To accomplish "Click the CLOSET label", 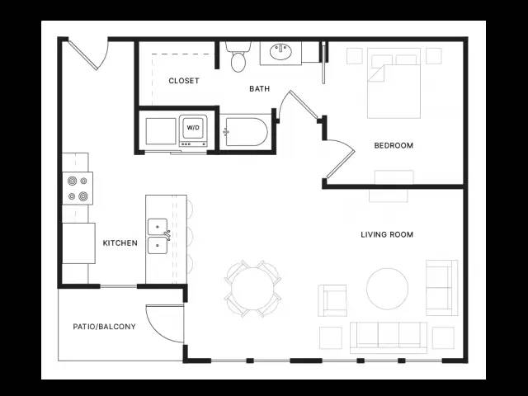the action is pos(184,81).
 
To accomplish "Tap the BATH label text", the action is pos(259,88).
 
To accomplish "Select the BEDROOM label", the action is pos(394,145).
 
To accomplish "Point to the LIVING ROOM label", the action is pos(387,234).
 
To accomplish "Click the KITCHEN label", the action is pos(120,243).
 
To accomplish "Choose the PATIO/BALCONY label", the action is pos(105,327).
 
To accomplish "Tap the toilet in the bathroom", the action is pos(238,57).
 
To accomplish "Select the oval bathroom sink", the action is pos(280,51).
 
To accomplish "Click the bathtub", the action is pos(247,132).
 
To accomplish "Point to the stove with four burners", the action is pos(78,188).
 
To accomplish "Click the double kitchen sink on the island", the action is pos(158,237).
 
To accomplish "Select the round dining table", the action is pos(253,289).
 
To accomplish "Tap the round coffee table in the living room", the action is pos(387,289).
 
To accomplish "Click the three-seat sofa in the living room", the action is pos(389,337).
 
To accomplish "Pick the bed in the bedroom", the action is pos(394,83).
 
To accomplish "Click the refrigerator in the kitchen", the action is pos(79,243).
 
